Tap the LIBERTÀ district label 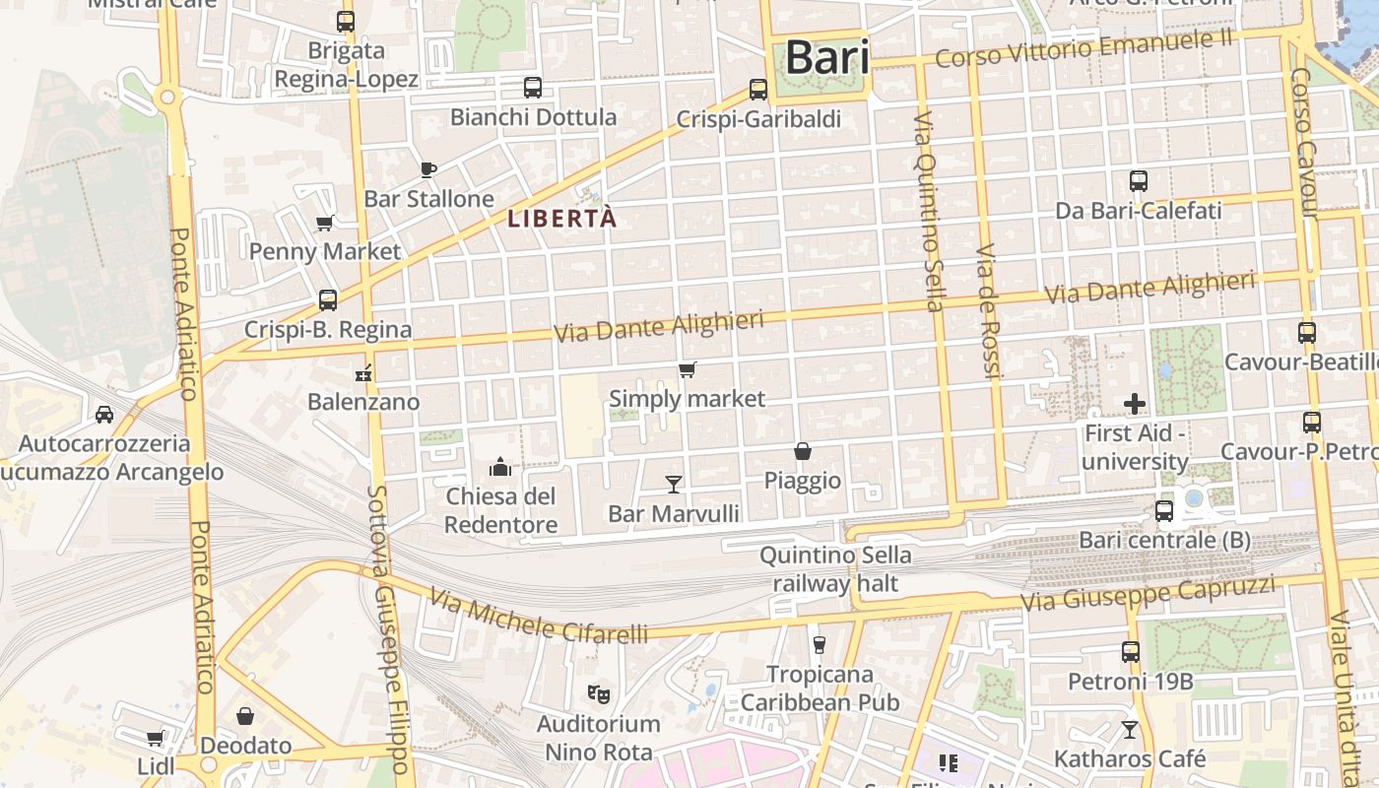562,219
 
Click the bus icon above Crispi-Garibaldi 758,90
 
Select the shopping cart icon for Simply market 688,370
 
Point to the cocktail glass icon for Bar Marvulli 674,484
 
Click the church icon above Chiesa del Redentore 500,466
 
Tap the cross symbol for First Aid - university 1135,403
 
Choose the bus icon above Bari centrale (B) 1164,511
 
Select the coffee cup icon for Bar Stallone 428,169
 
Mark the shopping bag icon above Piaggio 803,451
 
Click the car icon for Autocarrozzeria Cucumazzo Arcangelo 104,415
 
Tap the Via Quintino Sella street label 928,211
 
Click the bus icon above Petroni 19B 1131,652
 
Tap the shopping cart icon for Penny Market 325,223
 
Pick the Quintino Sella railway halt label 835,569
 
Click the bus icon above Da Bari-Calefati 1139,181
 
